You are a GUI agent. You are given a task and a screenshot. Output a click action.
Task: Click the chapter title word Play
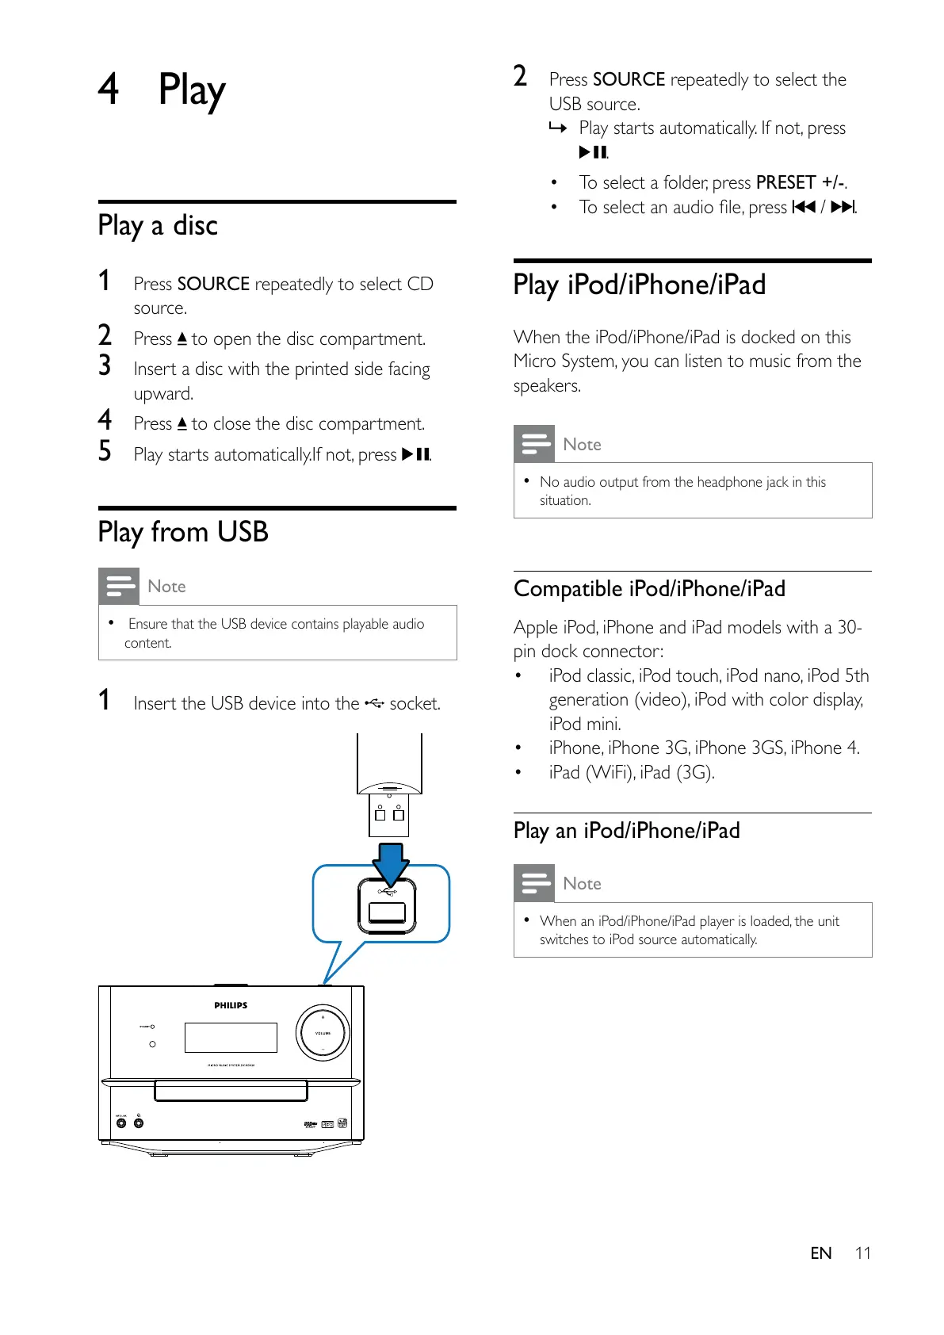click(192, 90)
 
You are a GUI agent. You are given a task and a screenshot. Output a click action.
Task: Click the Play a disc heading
click(158, 226)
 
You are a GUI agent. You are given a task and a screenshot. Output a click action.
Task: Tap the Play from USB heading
click(183, 532)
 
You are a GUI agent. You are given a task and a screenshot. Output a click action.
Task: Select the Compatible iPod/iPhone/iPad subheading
click(649, 589)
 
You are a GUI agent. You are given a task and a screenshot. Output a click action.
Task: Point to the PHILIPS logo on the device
click(231, 1005)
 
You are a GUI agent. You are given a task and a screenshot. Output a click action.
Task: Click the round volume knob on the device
click(323, 1033)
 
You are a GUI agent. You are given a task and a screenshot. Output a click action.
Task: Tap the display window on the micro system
click(231, 1037)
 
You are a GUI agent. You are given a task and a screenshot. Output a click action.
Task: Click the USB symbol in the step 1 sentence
click(374, 703)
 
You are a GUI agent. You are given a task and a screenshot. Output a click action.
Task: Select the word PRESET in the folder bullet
click(785, 183)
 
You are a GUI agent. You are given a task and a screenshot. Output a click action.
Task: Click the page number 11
click(862, 1253)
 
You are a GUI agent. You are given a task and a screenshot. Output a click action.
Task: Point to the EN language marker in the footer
click(820, 1253)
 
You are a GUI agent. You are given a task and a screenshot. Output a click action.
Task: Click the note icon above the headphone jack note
click(534, 444)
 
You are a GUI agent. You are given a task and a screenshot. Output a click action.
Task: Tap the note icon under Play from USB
click(119, 587)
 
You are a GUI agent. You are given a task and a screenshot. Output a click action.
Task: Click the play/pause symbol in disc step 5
click(415, 455)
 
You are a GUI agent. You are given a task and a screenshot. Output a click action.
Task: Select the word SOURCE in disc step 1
click(213, 284)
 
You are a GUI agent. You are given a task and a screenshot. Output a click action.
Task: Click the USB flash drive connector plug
click(389, 815)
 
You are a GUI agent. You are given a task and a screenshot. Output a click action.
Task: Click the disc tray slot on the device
click(231, 1090)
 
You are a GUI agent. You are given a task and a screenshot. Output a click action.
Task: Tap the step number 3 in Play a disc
click(105, 365)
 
